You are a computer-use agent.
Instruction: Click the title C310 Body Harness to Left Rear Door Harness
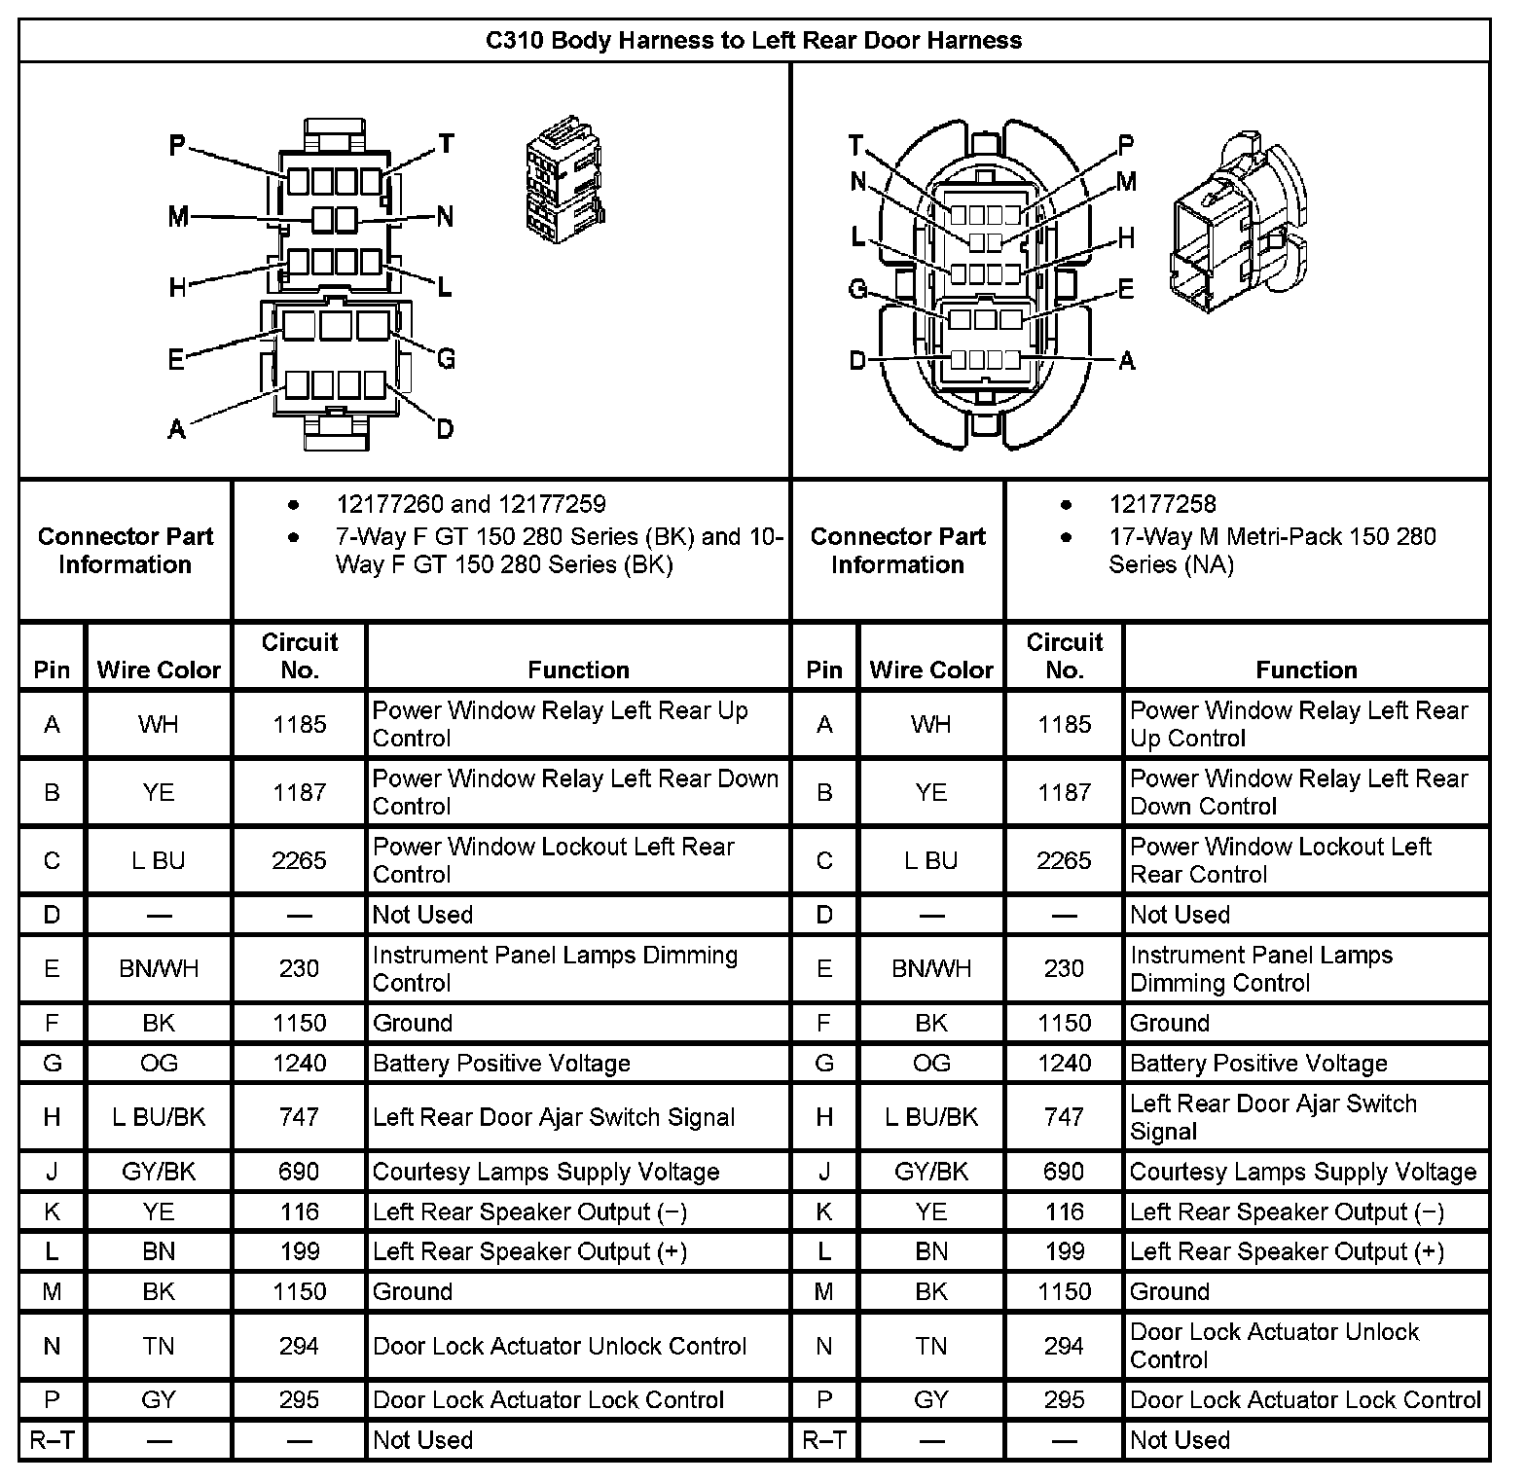753,41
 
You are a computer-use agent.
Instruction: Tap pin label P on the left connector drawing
177,146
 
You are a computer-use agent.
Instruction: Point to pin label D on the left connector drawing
445,429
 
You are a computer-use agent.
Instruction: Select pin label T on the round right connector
855,146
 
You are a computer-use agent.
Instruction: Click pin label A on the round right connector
1127,361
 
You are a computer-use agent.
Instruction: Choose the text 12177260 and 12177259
471,504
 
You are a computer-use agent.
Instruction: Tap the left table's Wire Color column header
159,669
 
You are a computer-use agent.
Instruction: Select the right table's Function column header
1306,669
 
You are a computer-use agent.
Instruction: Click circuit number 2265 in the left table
299,860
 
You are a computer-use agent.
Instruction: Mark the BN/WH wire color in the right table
931,968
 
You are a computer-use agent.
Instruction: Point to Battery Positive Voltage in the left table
501,1064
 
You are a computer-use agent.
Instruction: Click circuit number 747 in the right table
1064,1117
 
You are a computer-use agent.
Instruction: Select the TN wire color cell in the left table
159,1346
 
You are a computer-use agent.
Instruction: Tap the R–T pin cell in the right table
824,1440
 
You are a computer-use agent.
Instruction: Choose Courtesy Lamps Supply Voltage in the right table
1303,1172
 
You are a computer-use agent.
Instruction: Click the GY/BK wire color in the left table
159,1172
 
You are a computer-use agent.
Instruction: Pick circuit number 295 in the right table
1064,1399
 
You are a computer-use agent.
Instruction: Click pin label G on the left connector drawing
446,359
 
